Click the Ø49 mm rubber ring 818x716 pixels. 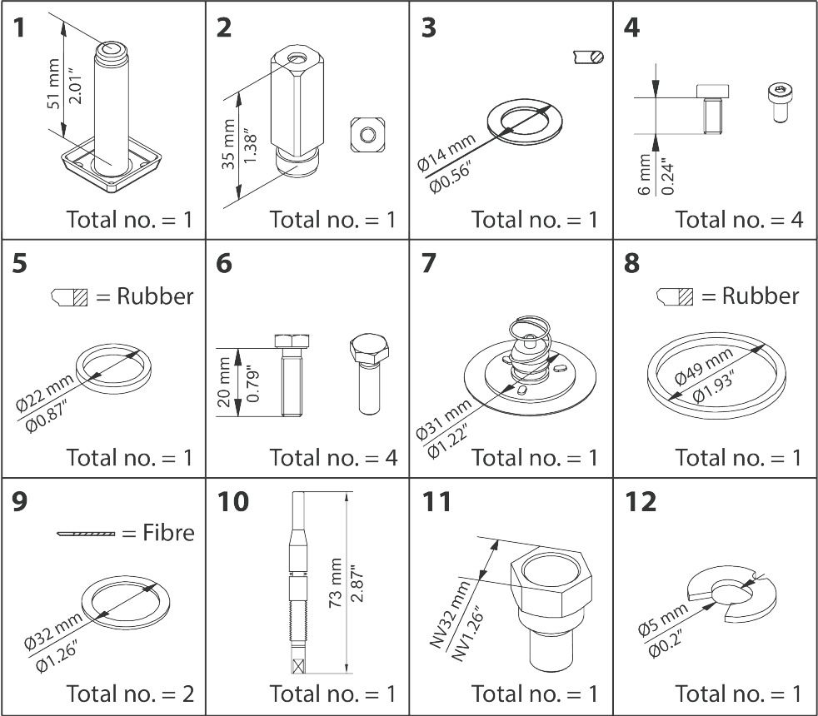716,375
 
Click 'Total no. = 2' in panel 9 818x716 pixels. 129,693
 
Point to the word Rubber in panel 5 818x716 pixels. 156,296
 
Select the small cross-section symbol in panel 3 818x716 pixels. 588,57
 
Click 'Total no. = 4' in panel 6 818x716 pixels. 332,457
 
